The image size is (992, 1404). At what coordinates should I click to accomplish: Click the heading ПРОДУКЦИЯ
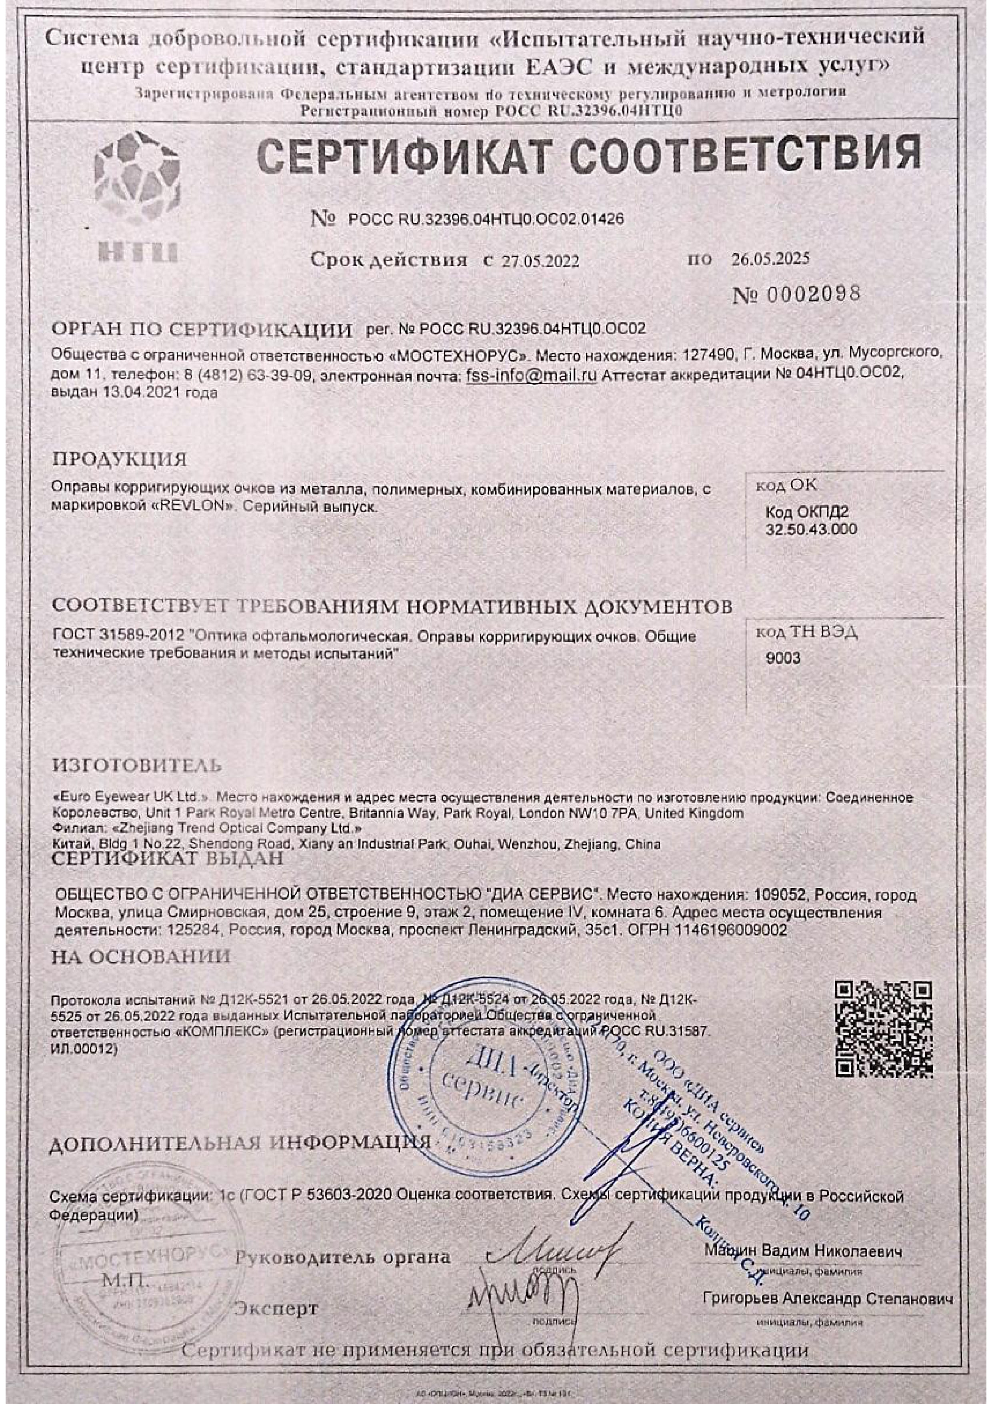tap(120, 459)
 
